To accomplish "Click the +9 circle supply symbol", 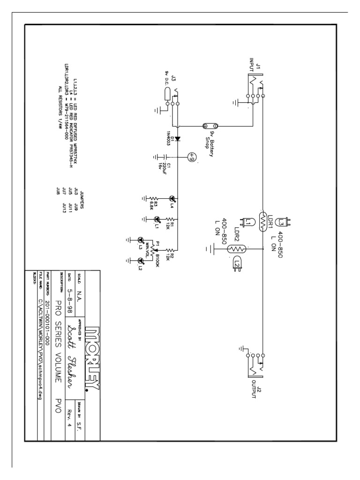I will point(191,157).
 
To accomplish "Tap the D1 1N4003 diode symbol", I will point(177,139).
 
